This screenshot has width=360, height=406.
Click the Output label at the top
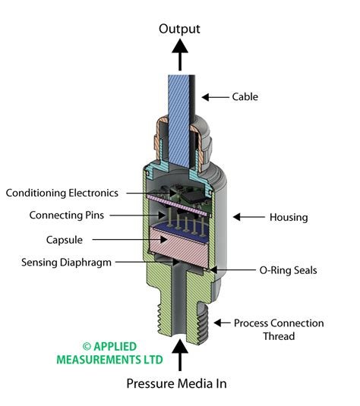pyautogui.click(x=179, y=29)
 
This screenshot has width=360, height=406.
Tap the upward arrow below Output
pyautogui.click(x=180, y=55)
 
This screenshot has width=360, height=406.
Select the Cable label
pyautogui.click(x=245, y=97)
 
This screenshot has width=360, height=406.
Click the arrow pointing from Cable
pyautogui.click(x=216, y=97)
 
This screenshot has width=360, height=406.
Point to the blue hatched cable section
pyautogui.click(x=178, y=121)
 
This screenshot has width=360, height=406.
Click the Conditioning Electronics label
pyautogui.click(x=62, y=194)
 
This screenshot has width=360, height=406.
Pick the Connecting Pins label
pyautogui.click(x=67, y=216)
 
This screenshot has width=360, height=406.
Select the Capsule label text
pyautogui.click(x=65, y=240)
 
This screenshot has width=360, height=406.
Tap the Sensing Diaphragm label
pyautogui.click(x=66, y=263)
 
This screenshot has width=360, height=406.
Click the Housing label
pyautogui.click(x=289, y=217)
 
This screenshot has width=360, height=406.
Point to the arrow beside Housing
pyautogui.click(x=249, y=217)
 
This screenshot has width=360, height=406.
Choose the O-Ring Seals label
pyautogui.click(x=288, y=270)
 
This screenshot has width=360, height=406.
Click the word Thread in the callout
pyautogui.click(x=279, y=336)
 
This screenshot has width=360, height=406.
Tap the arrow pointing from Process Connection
pyautogui.click(x=222, y=323)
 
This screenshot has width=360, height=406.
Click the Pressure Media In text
pyautogui.click(x=176, y=383)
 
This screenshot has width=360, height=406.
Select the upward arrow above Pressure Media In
pyautogui.click(x=180, y=354)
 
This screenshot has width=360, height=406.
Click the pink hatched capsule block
pyautogui.click(x=178, y=247)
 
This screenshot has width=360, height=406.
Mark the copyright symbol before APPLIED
pyautogui.click(x=87, y=347)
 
